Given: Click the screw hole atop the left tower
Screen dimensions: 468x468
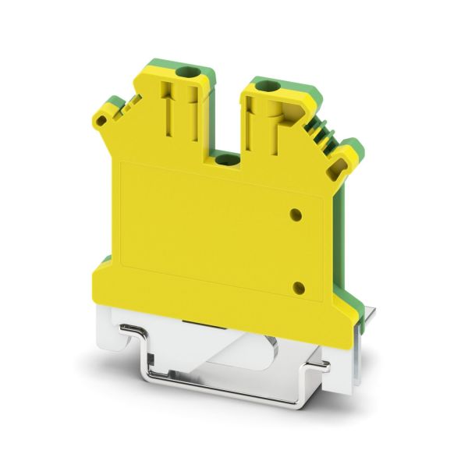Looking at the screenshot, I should (186, 73).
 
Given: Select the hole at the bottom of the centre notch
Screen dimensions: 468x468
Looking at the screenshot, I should (226, 160).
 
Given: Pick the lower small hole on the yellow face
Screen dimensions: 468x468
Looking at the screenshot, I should (297, 288).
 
